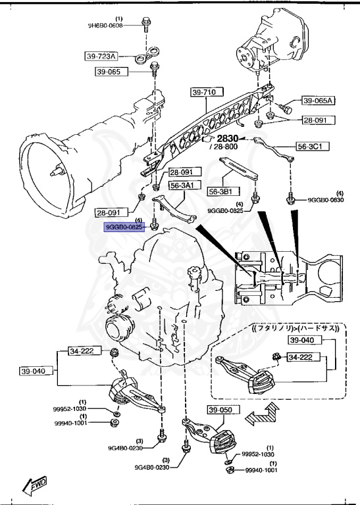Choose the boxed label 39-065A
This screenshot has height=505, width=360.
pos(319,101)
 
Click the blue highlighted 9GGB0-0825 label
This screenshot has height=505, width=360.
pos(124,227)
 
